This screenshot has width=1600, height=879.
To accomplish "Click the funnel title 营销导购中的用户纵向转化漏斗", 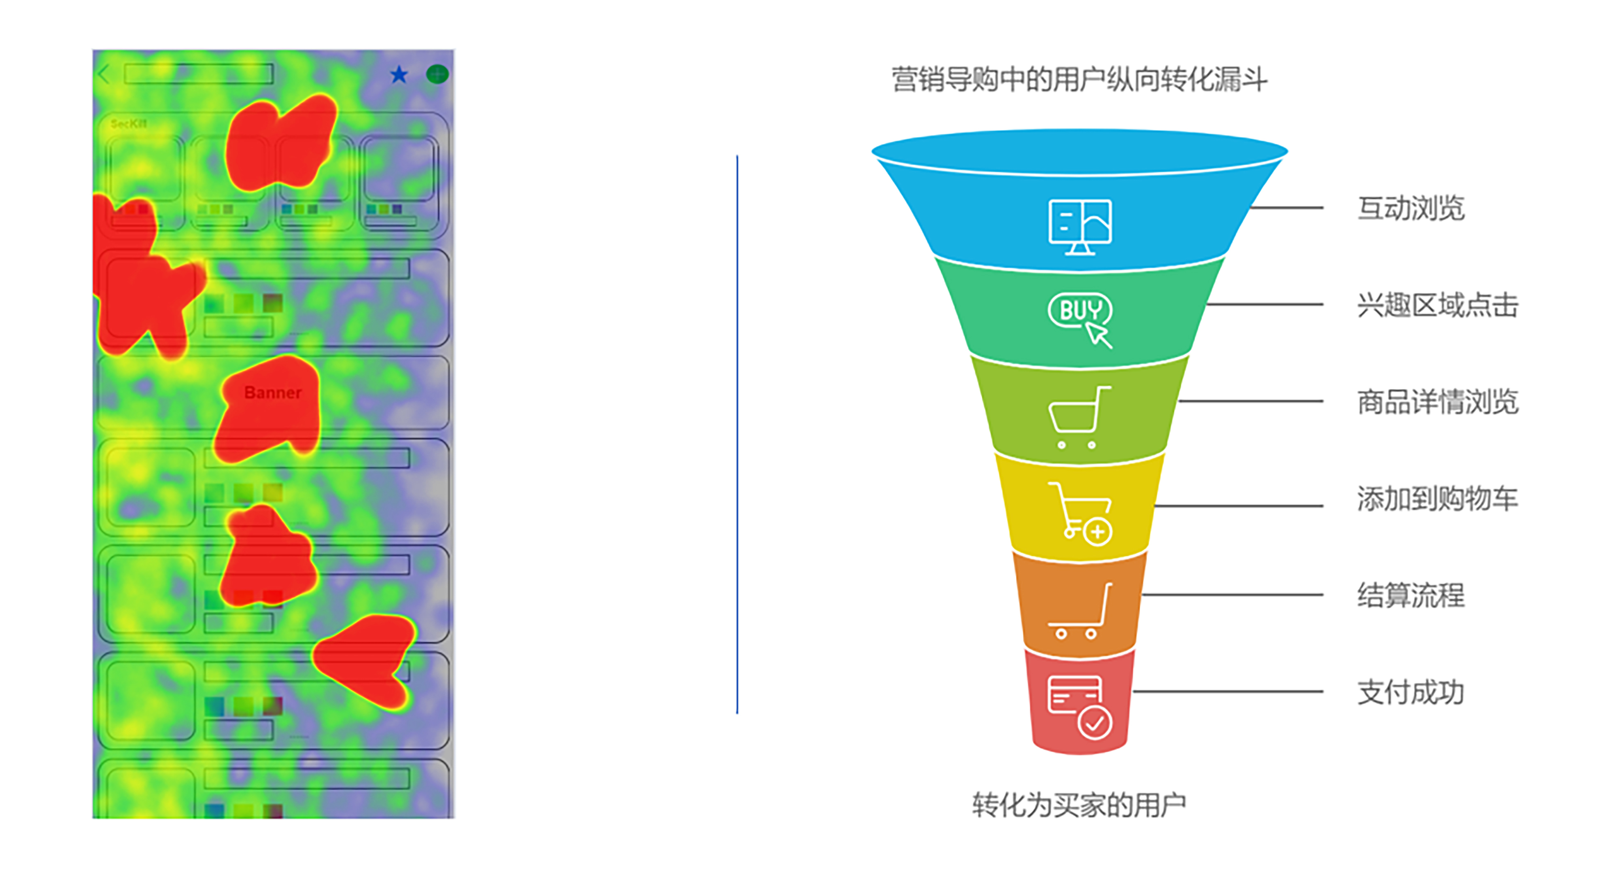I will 1079,80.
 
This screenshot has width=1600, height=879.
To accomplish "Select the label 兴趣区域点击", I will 1437,305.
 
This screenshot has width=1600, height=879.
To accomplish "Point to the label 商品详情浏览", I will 1437,402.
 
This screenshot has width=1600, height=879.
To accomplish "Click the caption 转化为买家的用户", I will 1079,805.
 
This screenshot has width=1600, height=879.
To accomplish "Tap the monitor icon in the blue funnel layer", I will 1079,226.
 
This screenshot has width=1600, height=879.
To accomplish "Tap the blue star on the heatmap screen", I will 399,75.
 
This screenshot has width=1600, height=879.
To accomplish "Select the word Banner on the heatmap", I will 273,393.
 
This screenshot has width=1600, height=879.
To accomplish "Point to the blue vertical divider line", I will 737,435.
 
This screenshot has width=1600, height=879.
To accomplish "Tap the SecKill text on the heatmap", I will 128,124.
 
